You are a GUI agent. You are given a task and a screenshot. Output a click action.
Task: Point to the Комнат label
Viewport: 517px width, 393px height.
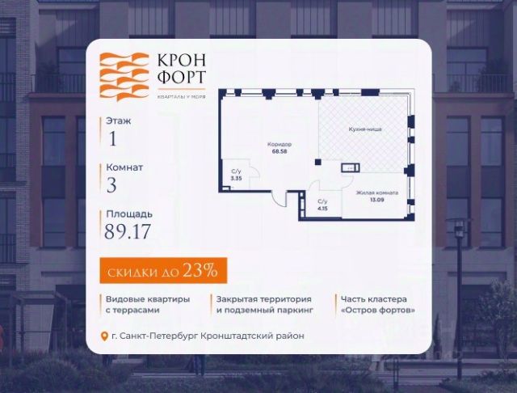124,167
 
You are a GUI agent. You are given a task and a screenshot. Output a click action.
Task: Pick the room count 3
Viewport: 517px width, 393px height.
111,184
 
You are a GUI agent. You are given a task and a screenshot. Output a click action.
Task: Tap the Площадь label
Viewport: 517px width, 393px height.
128,214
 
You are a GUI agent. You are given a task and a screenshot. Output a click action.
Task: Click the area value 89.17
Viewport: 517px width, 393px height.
128,231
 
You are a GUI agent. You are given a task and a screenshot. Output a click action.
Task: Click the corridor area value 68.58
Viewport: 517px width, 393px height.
280,150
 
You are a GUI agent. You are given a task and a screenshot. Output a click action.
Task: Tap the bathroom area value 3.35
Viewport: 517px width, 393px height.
236,178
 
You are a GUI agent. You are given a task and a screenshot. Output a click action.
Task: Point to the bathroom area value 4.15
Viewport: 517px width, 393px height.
322,209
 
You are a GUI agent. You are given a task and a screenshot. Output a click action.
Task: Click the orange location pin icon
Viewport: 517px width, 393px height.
103,336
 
